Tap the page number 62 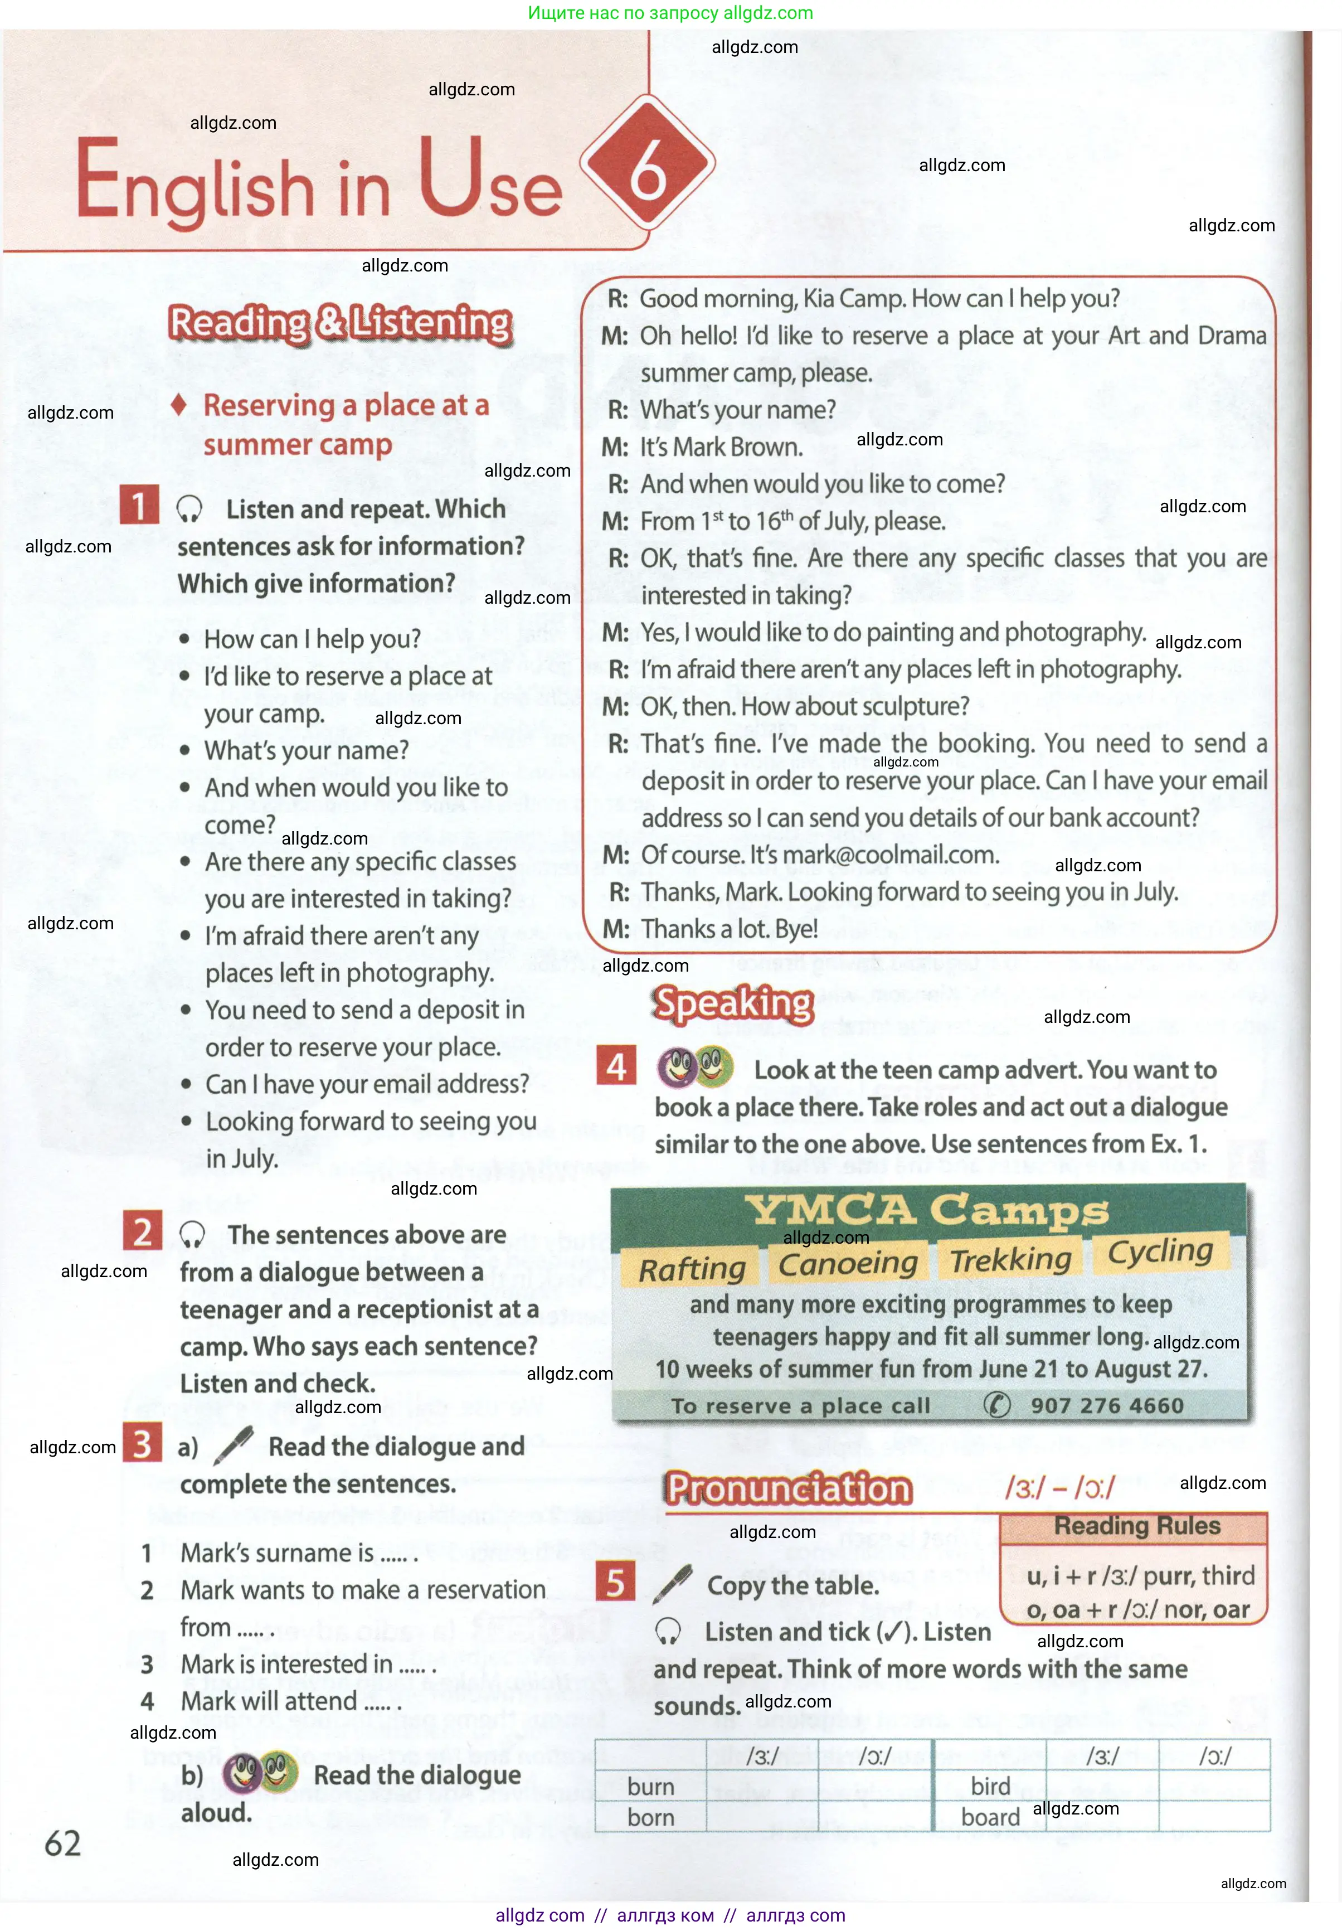click(63, 1843)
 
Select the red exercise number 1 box click(139, 504)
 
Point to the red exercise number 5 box click(615, 1582)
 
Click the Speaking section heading click(733, 1003)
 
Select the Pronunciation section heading click(789, 1488)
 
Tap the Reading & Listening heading click(340, 324)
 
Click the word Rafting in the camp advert click(692, 1268)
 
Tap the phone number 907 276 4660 click(1107, 1405)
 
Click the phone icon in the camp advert click(996, 1405)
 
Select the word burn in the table click(651, 1787)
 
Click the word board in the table click(990, 1817)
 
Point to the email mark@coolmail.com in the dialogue click(889, 855)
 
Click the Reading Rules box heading click(1137, 1526)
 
